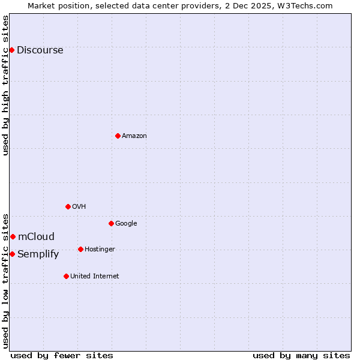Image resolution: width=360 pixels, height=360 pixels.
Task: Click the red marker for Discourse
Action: click(x=11, y=50)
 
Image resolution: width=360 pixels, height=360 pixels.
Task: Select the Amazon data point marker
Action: click(x=118, y=136)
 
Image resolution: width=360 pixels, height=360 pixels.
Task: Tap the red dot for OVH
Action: click(x=68, y=206)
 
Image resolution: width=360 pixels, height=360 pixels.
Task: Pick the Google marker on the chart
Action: click(x=111, y=223)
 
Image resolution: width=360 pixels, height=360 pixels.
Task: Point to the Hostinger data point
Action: click(x=80, y=249)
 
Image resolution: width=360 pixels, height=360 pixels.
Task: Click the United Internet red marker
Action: click(x=66, y=276)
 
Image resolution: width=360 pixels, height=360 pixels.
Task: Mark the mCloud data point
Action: click(x=13, y=236)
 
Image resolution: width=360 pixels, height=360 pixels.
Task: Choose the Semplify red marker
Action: click(x=12, y=254)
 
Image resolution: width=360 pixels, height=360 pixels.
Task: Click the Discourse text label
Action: click(x=40, y=50)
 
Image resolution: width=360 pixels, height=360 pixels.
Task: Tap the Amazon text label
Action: click(x=134, y=136)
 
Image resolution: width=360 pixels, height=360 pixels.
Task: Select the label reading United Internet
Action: click(x=94, y=276)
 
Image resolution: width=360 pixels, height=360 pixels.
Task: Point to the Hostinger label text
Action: click(x=100, y=249)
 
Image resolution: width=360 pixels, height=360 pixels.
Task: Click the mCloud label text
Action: click(x=36, y=236)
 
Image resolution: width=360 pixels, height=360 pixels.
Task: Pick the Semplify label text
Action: click(x=38, y=254)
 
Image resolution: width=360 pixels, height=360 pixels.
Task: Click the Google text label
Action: click(x=126, y=223)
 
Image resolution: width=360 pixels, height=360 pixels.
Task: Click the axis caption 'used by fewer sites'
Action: click(x=62, y=355)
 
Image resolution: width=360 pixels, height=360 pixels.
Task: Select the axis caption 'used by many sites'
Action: click(x=301, y=355)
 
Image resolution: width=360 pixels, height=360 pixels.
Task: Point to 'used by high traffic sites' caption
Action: click(x=5, y=85)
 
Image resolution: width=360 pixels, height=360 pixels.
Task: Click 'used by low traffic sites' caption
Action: click(x=5, y=280)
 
